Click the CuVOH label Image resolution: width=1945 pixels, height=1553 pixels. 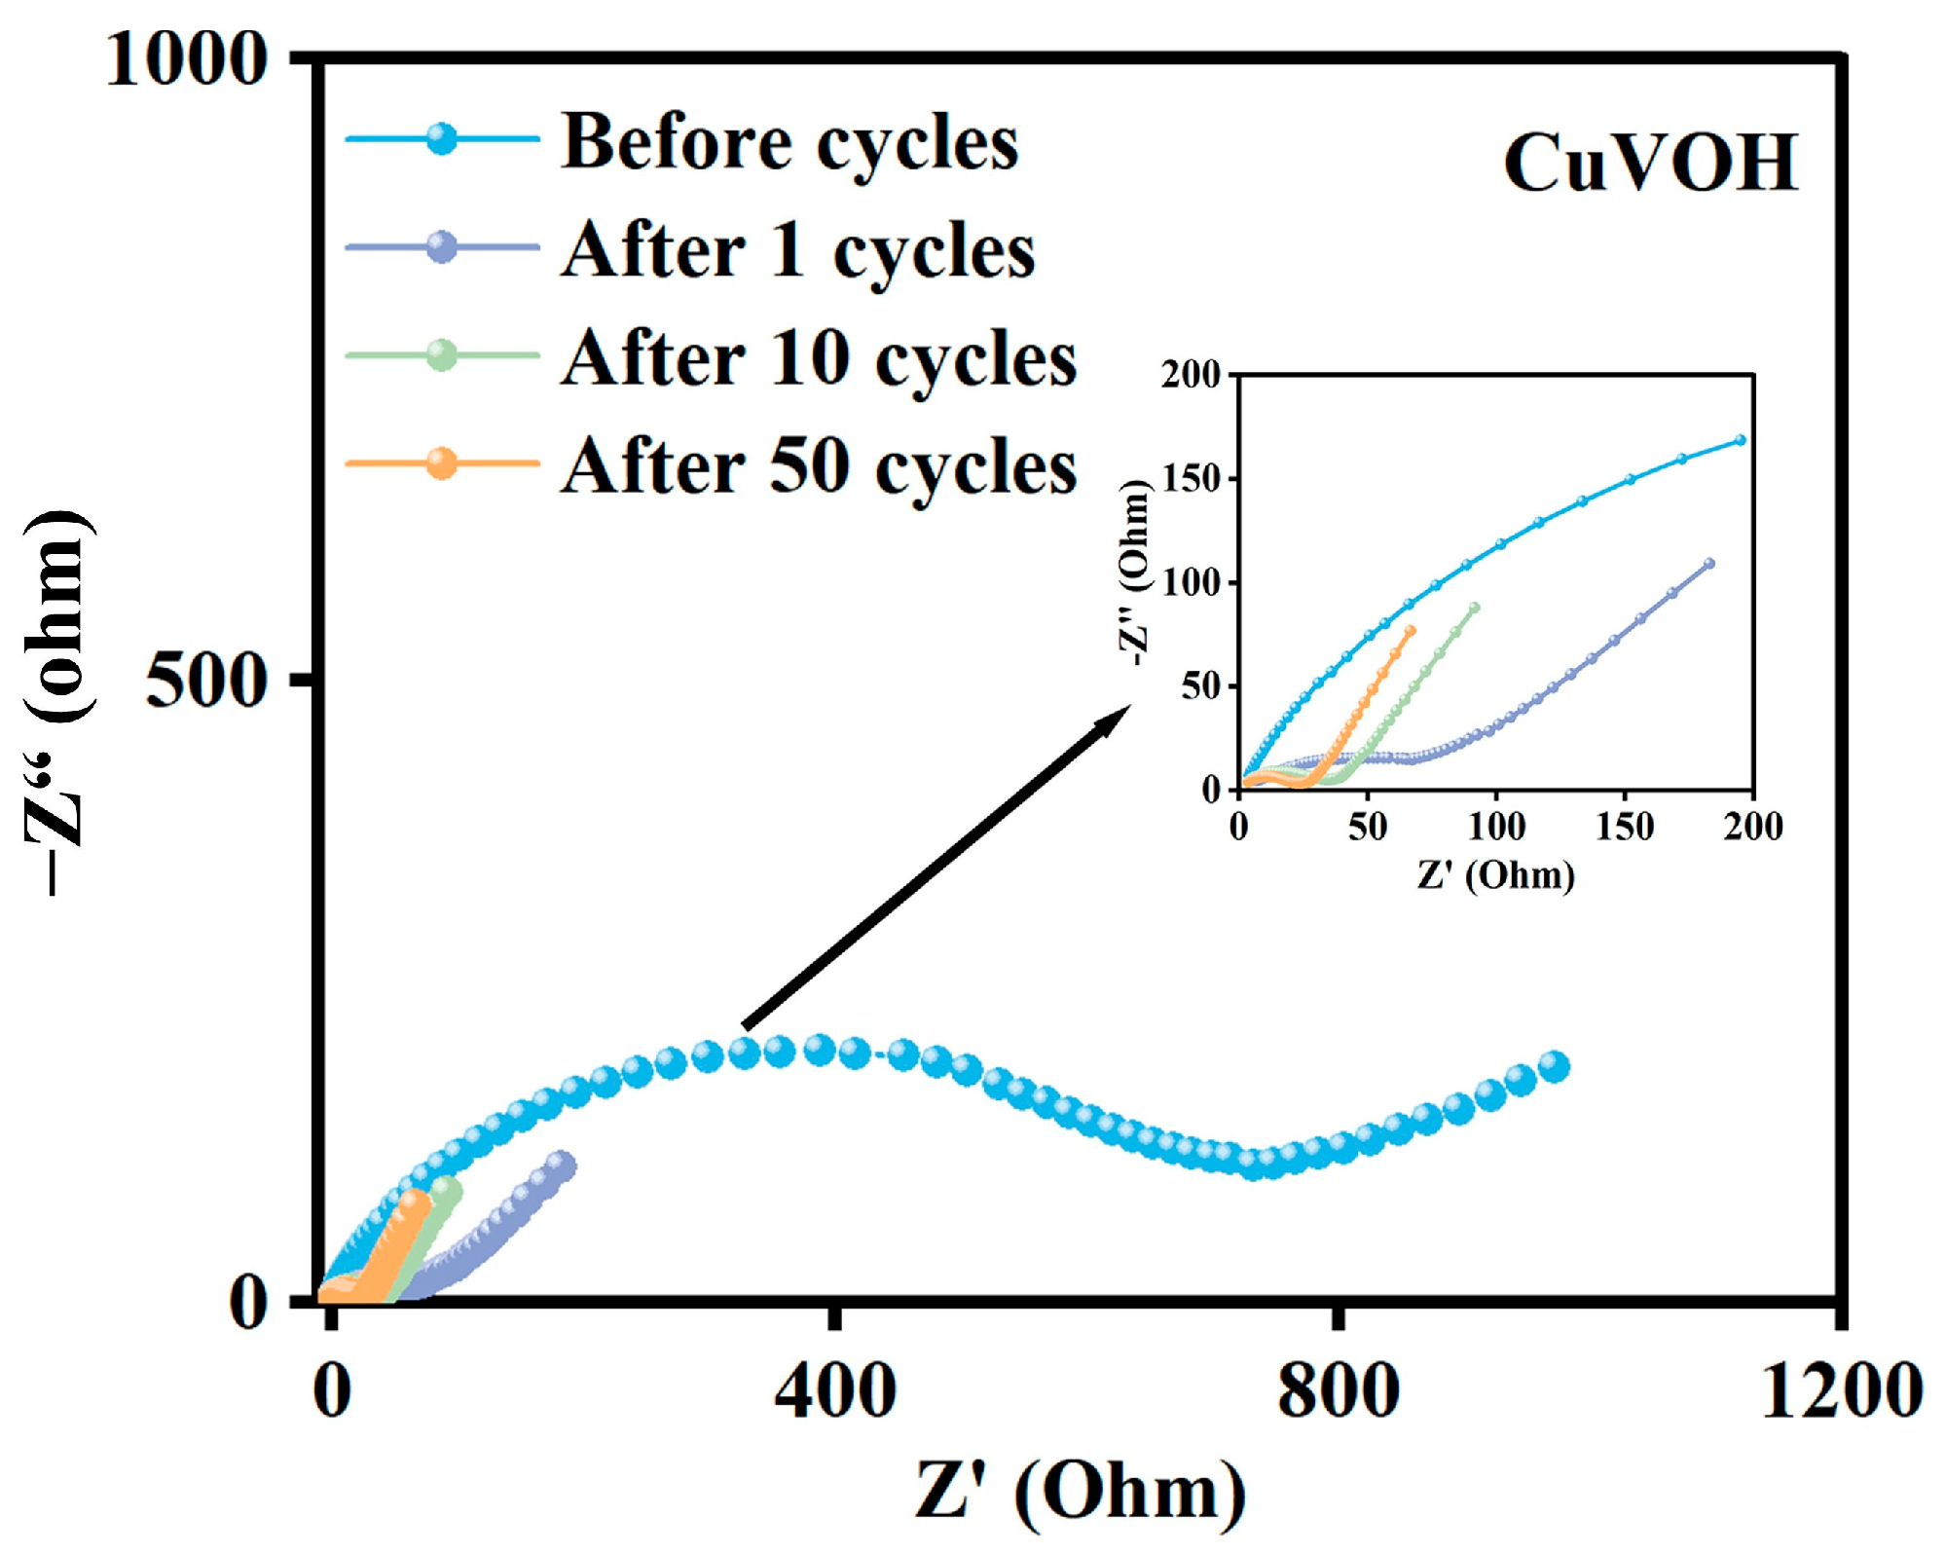[x=1650, y=163]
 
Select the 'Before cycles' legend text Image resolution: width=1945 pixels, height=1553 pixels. [x=789, y=142]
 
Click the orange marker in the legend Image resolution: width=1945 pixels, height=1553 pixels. [x=442, y=463]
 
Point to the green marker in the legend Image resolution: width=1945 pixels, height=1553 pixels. [x=442, y=355]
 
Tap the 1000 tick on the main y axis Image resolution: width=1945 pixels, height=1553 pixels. [x=186, y=60]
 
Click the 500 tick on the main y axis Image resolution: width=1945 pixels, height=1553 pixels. [x=206, y=679]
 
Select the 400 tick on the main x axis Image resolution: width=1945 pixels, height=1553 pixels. [x=835, y=1391]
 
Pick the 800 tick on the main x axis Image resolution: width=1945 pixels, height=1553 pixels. [x=1339, y=1391]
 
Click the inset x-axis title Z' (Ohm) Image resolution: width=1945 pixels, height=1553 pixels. [x=1495, y=874]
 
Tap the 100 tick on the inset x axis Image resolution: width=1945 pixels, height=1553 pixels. [x=1496, y=827]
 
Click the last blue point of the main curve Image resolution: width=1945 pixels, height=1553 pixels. [x=1556, y=1066]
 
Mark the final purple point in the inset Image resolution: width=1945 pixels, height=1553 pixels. [x=1709, y=564]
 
